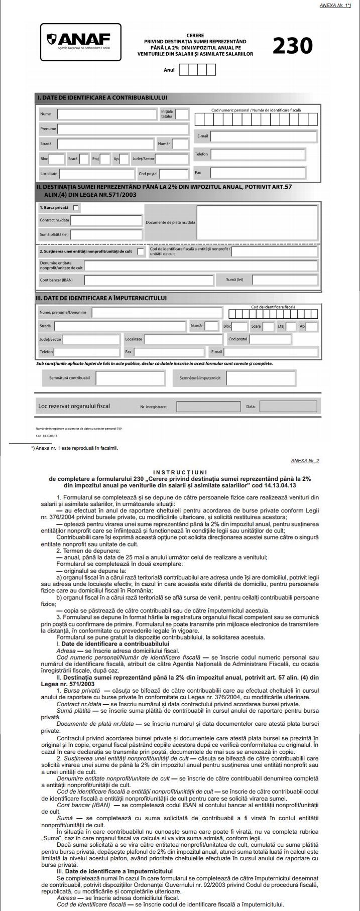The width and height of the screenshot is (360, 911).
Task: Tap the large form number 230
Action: [x=293, y=46]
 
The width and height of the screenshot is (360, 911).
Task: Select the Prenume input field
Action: [x=123, y=129]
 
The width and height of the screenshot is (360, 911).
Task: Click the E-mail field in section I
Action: [x=264, y=136]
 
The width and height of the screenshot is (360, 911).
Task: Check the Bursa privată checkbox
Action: [x=76, y=207]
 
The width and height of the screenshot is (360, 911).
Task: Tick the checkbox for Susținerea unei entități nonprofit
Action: [x=141, y=251]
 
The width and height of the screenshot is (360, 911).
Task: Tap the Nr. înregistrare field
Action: [x=205, y=406]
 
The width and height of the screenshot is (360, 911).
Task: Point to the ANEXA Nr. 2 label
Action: [x=305, y=460]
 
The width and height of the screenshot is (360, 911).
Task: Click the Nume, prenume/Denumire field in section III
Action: [x=157, y=312]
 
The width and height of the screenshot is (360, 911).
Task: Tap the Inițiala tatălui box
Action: [x=182, y=114]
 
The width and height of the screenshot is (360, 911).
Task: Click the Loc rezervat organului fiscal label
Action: [x=74, y=406]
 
